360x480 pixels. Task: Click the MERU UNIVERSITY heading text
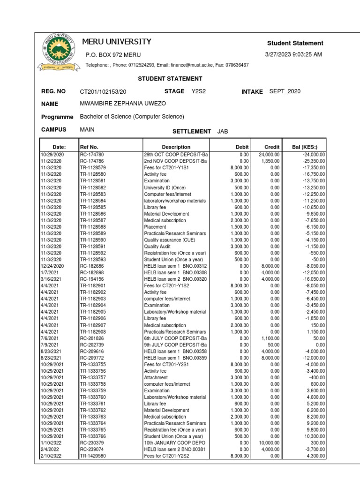pos(117,42)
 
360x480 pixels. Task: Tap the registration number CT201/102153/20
pos(103,91)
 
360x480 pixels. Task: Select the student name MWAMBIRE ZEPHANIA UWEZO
pos(123,104)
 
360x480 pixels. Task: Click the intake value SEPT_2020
pos(285,91)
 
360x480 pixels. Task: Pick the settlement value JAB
pos(223,131)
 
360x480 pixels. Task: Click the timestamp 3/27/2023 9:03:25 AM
pos(294,54)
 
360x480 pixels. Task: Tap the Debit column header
pos(242,147)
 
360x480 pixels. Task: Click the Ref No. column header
pos(89,147)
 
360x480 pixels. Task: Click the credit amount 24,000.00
pos(269,154)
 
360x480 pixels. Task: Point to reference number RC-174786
pos(92,161)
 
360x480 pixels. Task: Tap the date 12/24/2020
pos(52,266)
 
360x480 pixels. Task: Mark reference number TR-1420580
pos(93,456)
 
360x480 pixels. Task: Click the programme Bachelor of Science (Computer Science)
pos(132,117)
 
